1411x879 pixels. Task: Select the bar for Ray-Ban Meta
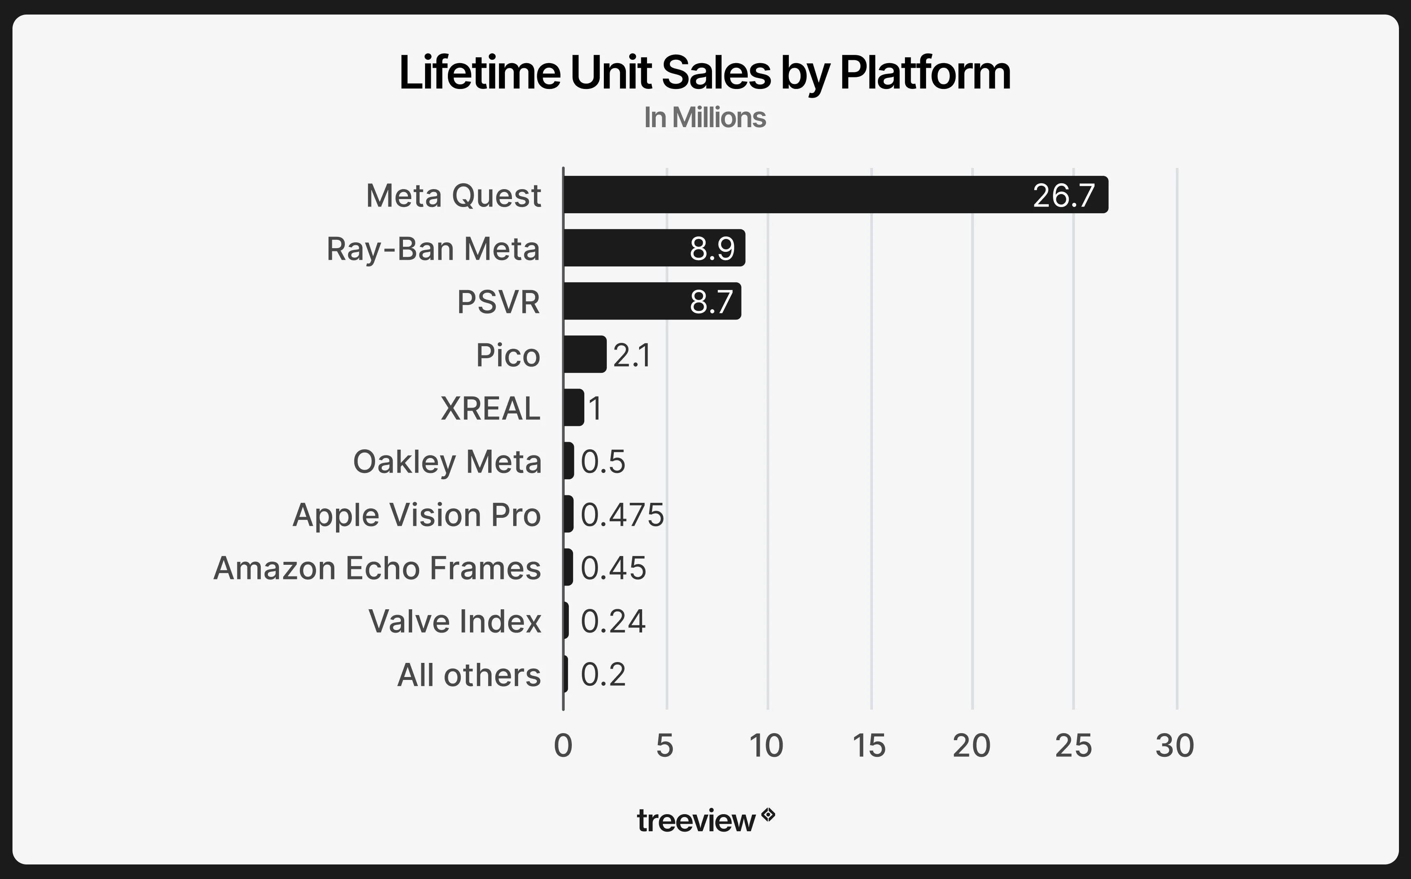(654, 248)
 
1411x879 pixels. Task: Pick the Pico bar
(585, 355)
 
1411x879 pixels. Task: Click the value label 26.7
(1063, 196)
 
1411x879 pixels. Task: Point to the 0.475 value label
(622, 515)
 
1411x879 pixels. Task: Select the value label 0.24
(613, 621)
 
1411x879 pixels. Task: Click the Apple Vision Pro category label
(416, 515)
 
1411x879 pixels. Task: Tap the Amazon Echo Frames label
(377, 569)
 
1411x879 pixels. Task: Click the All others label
(469, 675)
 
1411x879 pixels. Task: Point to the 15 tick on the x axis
(869, 746)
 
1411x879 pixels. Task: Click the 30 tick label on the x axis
(1174, 746)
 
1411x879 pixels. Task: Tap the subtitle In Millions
(704, 118)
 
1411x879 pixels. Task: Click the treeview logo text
(696, 821)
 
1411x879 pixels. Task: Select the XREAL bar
(573, 408)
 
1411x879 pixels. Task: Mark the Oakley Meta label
(447, 462)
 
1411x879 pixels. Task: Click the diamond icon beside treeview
(769, 815)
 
